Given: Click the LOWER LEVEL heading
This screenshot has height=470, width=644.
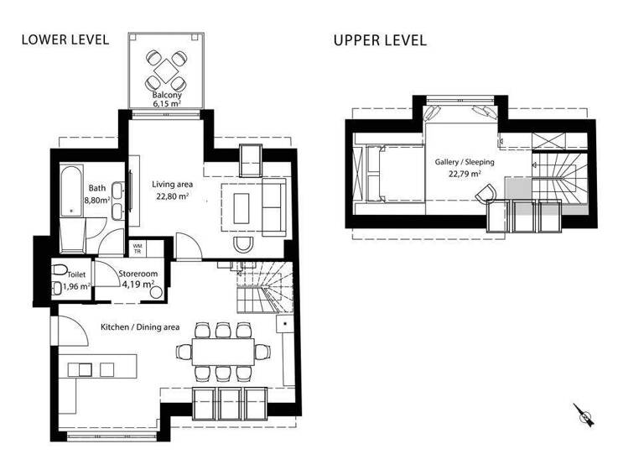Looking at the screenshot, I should (x=65, y=39).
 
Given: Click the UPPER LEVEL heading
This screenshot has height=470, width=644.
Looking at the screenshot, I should (x=379, y=39).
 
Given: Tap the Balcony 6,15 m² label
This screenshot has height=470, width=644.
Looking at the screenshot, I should (x=167, y=100).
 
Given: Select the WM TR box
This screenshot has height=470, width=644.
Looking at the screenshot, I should (x=138, y=248).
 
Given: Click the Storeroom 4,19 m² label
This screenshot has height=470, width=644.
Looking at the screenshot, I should (x=136, y=279).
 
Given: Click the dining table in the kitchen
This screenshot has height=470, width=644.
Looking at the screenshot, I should (x=223, y=350).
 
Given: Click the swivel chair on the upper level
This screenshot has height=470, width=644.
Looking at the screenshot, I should (x=486, y=194).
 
